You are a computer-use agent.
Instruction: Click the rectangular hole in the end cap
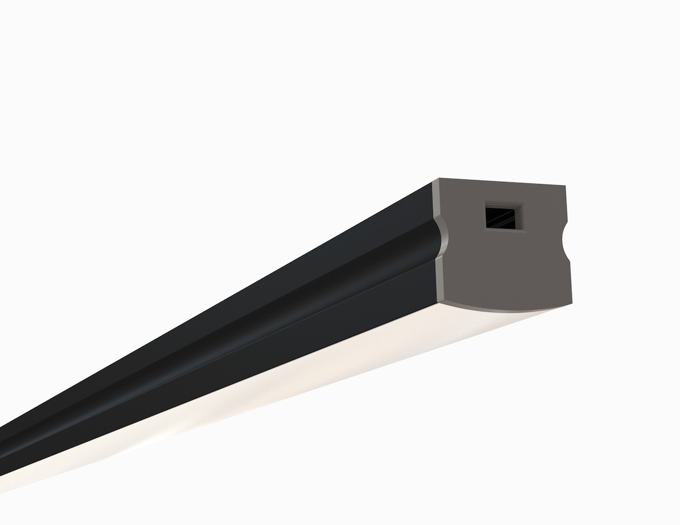coord(500,216)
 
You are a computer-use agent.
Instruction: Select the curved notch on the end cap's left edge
coord(444,238)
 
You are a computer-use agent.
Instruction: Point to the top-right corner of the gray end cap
coord(566,186)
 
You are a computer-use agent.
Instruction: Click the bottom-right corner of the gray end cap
coord(572,304)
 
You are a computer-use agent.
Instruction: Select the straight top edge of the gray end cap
coord(499,182)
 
